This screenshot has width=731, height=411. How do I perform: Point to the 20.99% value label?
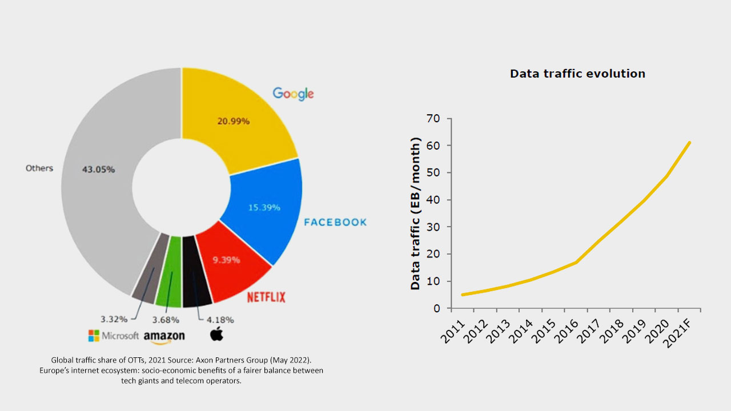pos(234,121)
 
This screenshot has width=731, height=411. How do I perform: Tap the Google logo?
pos(293,94)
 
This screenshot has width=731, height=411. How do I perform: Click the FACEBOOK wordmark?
pos(335,222)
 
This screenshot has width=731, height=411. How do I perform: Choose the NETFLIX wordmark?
pos(266,297)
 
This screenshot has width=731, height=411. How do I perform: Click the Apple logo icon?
pos(216,335)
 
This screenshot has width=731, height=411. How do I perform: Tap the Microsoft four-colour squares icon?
pos(94,336)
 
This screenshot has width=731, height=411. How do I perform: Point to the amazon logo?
pos(164,337)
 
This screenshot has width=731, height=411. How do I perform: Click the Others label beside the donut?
pos(39,168)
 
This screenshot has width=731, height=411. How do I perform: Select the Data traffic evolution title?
pos(577,74)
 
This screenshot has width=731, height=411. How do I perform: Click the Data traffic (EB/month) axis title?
pos(416,213)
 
